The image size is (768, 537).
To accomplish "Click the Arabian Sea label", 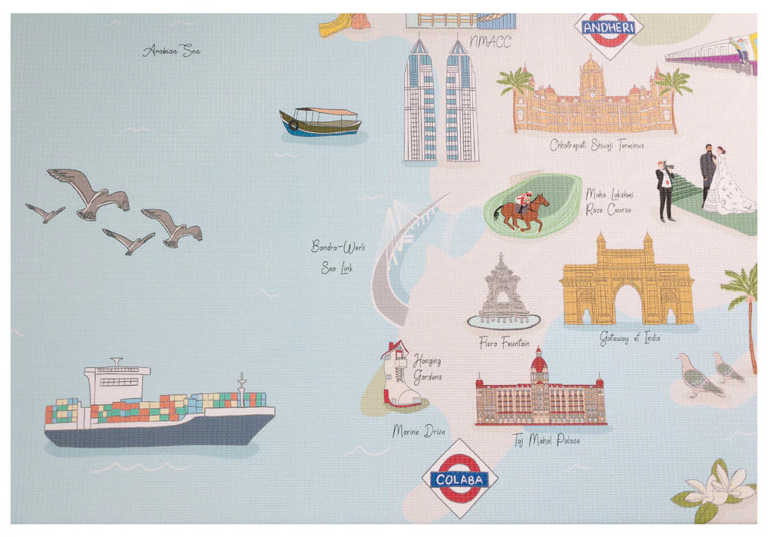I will (171, 51).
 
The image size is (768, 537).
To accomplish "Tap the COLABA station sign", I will (459, 479).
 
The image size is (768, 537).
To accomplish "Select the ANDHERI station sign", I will (608, 30).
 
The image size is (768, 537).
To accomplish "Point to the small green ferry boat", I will (320, 121).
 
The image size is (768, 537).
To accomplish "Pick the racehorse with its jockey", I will (522, 209).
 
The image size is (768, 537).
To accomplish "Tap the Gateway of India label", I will (630, 338).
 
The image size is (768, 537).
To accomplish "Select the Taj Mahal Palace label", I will (546, 441).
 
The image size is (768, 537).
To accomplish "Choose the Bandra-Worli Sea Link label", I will (337, 257).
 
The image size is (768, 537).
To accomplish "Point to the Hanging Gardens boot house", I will (400, 373).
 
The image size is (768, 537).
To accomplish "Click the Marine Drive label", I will (418, 432).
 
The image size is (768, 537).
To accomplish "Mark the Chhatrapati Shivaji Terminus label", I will (597, 144).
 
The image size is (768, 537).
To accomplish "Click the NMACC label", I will (490, 41).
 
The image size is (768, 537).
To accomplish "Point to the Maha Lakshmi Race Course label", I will (608, 201).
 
